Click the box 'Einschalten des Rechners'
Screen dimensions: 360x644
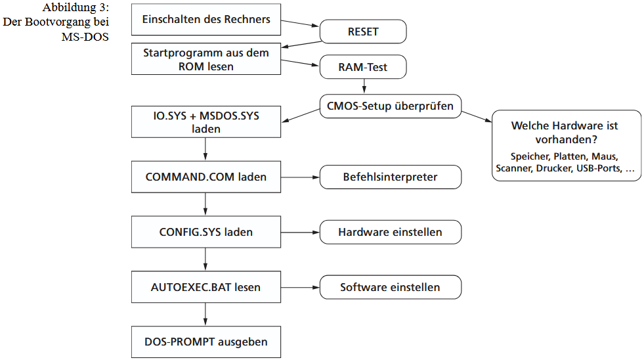pos(206,20)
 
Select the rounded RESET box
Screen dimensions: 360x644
pos(363,32)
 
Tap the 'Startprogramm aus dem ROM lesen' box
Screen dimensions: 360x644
pos(206,59)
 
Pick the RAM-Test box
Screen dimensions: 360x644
pos(363,67)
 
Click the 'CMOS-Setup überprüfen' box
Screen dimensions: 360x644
pos(390,105)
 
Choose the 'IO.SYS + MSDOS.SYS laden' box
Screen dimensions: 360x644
pos(206,123)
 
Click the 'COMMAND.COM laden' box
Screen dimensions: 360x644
pos(206,177)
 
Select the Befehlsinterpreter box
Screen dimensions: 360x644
pos(390,177)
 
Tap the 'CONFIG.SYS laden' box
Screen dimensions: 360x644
pos(206,233)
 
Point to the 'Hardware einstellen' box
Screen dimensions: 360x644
pos(390,233)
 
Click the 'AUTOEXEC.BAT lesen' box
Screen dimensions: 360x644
pos(206,287)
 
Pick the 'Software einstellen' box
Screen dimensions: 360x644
pos(390,287)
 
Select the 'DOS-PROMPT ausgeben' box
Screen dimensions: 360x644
pos(206,342)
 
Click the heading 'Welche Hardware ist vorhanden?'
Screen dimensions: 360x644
pos(565,132)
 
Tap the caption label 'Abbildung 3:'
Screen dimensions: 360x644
pos(76,8)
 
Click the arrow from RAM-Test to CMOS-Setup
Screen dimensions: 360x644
pos(363,87)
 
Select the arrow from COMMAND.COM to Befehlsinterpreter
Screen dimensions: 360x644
pos(300,177)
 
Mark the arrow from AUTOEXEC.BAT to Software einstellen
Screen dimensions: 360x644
pos(300,287)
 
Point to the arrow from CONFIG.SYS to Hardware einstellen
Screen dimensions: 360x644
pos(300,233)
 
